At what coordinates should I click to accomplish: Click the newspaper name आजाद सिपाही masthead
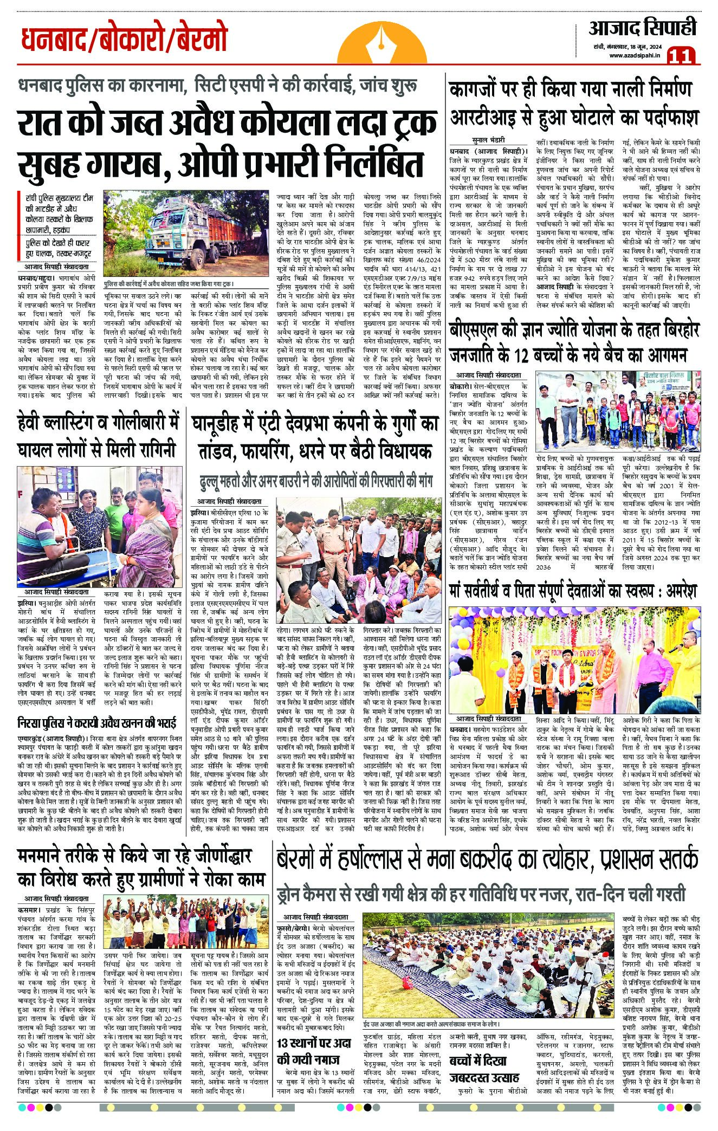point(643,27)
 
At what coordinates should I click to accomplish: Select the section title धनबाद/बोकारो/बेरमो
point(124,40)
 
